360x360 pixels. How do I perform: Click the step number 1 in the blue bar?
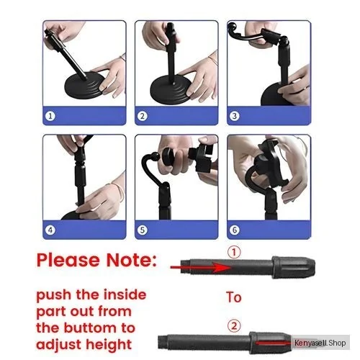point(50,116)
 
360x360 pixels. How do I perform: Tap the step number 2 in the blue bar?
point(143,116)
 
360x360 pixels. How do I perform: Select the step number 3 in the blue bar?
point(235,116)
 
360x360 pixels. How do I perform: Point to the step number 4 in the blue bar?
point(50,230)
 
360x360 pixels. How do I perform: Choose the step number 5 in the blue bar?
point(143,230)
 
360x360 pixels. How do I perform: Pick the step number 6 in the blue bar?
point(235,230)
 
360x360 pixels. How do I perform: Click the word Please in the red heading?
point(68,260)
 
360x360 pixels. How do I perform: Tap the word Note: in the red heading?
point(132,260)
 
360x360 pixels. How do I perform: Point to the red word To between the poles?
point(234,297)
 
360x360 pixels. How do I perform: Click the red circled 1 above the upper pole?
point(234,253)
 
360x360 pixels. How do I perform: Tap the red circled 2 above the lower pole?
point(234,326)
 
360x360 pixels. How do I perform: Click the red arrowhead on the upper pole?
point(222,267)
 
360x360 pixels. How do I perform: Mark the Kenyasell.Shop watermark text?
point(320,343)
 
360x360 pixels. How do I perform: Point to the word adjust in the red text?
point(60,345)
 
